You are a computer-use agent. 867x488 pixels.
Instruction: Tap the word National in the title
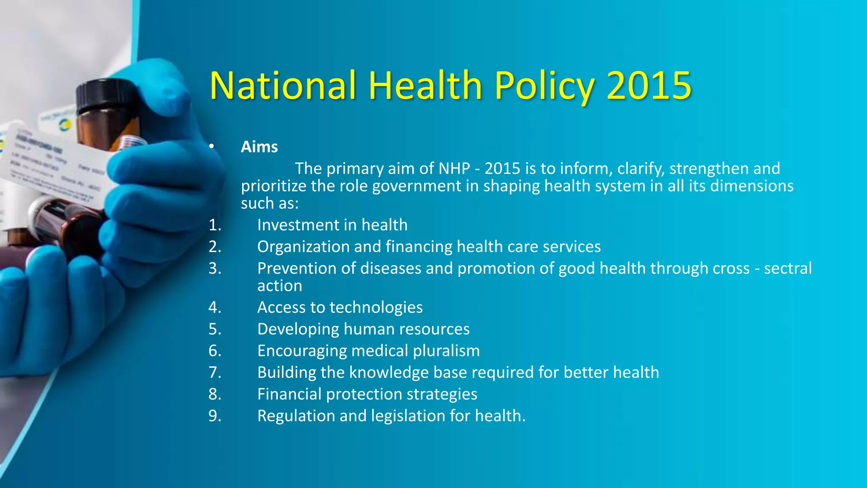point(282,86)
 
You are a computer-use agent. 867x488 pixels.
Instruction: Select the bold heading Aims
point(259,147)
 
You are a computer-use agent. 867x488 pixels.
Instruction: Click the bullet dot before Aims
point(212,147)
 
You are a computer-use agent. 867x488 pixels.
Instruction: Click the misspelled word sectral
point(788,268)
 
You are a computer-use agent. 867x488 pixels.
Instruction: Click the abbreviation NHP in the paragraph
point(454,169)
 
